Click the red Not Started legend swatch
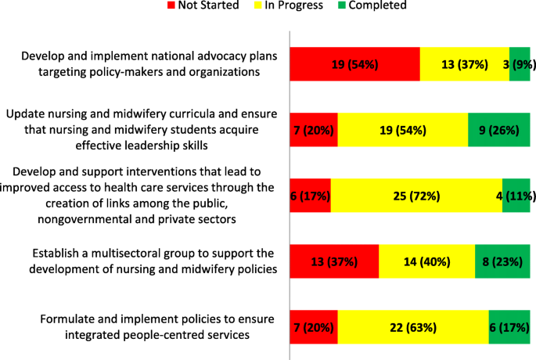(173, 6)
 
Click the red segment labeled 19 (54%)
(354, 64)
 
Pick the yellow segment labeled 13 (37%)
(465, 64)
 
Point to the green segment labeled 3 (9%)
(520, 64)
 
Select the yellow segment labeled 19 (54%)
(402, 129)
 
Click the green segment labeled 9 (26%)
(498, 129)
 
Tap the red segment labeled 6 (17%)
(311, 196)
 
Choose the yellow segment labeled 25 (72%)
(416, 196)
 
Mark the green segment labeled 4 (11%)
(516, 196)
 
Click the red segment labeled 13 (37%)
(334, 261)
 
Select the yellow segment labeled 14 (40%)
(426, 261)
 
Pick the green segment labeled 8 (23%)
(502, 261)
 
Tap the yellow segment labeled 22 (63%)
(413, 327)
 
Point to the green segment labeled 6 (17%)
(509, 327)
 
